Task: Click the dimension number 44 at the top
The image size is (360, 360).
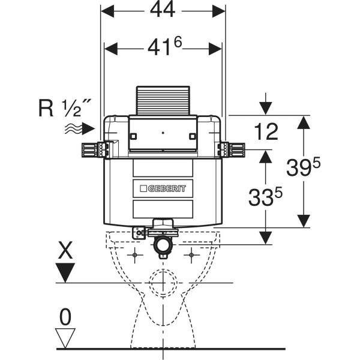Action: tap(163, 10)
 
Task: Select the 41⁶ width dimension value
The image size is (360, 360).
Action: tap(164, 47)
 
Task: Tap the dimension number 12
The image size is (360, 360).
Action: tap(266, 131)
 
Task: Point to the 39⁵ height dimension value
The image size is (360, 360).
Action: tap(303, 167)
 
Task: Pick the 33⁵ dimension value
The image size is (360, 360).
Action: tap(265, 196)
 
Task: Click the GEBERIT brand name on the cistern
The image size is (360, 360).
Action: tap(166, 189)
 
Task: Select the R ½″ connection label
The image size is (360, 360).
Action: tap(65, 108)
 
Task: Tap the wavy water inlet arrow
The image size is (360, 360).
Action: tap(80, 128)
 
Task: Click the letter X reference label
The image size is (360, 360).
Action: tap(65, 250)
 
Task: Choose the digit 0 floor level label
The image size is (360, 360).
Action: tap(65, 317)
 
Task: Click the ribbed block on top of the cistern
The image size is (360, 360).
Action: tap(163, 101)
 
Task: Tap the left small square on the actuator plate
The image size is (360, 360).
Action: tap(133, 136)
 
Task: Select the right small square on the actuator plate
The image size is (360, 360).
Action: tap(193, 136)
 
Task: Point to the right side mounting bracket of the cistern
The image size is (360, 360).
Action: tap(231, 150)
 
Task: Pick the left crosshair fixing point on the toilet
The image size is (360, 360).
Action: tap(135, 255)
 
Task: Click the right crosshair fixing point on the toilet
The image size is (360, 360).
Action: tap(191, 255)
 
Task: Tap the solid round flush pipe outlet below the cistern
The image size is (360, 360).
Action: tap(163, 245)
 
